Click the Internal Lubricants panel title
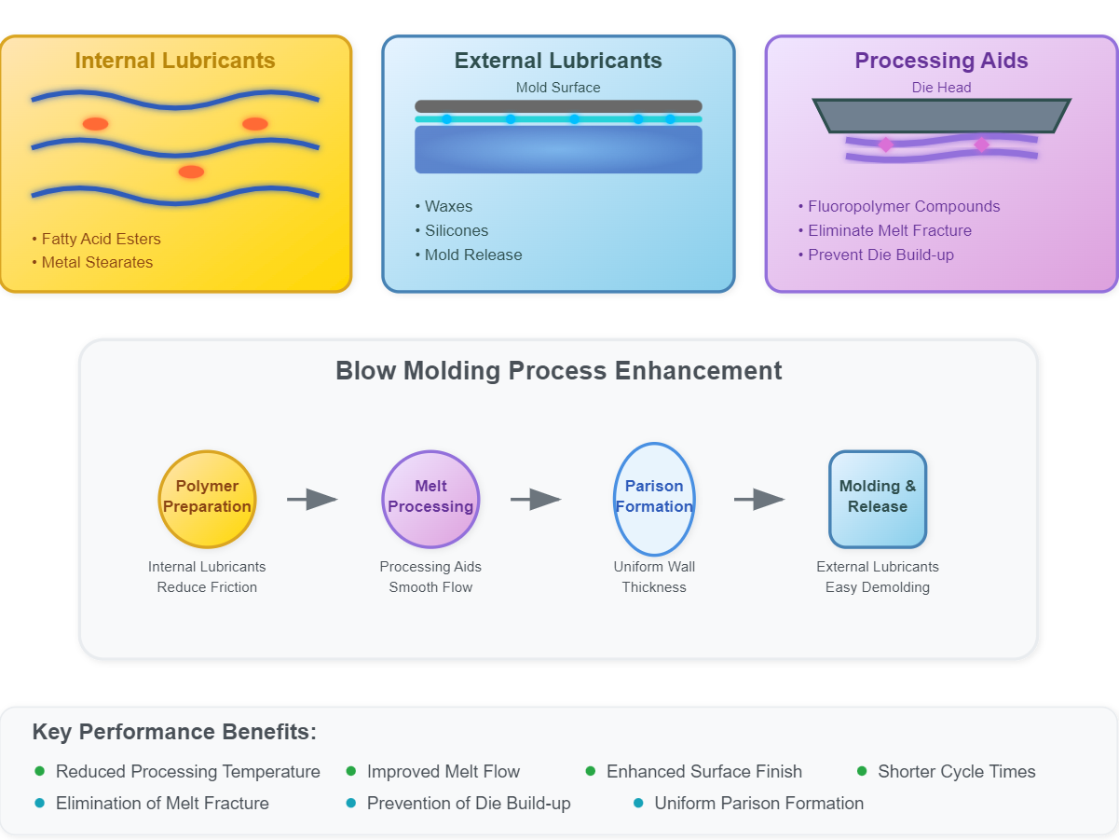[175, 62]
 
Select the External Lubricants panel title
[558, 62]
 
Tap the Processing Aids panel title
[941, 62]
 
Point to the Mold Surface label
[558, 88]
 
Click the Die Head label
[941, 88]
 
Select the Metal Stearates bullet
[97, 263]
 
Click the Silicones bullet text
[457, 231]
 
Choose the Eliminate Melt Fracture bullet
[890, 231]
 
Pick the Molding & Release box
[878, 499]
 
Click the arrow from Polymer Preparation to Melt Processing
[312, 500]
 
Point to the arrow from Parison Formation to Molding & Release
[759, 500]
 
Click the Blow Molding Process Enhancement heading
[558, 371]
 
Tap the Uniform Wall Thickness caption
[654, 577]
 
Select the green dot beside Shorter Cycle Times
[862, 771]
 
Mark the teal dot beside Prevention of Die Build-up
[351, 803]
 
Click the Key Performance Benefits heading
[174, 733]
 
